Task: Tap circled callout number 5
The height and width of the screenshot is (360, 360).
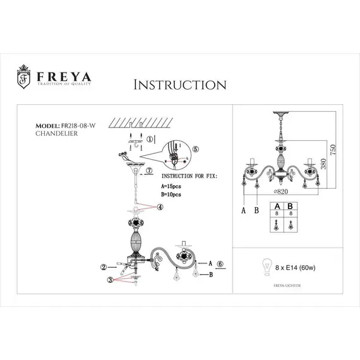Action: [196, 149]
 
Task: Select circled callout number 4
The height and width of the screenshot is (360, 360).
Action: [160, 207]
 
